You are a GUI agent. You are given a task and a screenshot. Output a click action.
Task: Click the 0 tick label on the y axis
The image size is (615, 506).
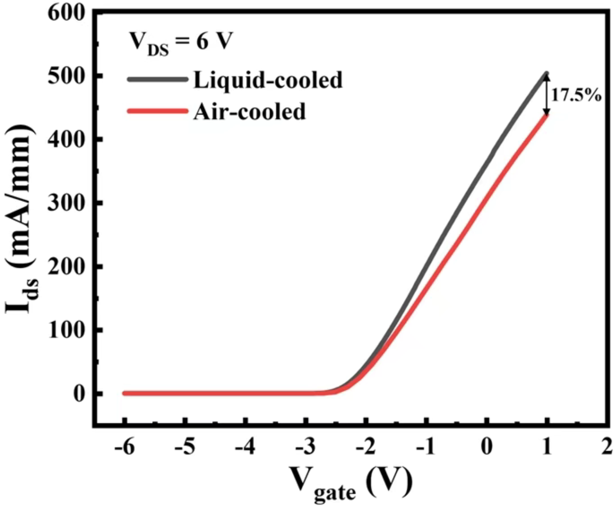click(x=79, y=393)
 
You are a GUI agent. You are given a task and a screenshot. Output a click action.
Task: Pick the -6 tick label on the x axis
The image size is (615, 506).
click(x=124, y=447)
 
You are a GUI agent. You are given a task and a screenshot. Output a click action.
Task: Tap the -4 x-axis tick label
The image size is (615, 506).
click(x=245, y=447)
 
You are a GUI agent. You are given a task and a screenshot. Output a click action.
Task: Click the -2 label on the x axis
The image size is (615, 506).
click(x=366, y=447)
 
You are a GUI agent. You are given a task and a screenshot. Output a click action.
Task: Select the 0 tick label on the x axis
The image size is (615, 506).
click(x=487, y=447)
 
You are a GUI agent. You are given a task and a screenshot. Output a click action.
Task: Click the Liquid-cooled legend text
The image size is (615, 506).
click(x=268, y=80)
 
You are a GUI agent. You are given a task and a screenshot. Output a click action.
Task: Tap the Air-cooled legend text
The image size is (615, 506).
click(x=249, y=112)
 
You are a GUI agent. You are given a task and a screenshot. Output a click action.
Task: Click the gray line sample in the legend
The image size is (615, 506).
click(x=157, y=79)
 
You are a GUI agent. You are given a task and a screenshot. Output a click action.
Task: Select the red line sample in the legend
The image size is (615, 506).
click(x=157, y=111)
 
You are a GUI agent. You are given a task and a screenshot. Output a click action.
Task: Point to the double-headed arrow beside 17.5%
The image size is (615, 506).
click(x=547, y=95)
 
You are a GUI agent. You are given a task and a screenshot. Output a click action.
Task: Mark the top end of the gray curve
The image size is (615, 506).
click(x=547, y=74)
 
